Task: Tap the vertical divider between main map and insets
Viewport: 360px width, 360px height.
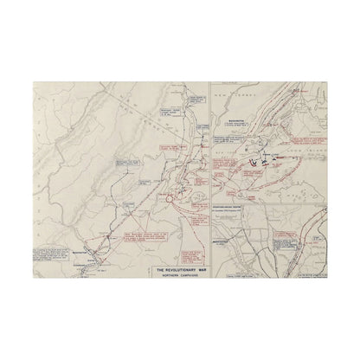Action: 212,173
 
